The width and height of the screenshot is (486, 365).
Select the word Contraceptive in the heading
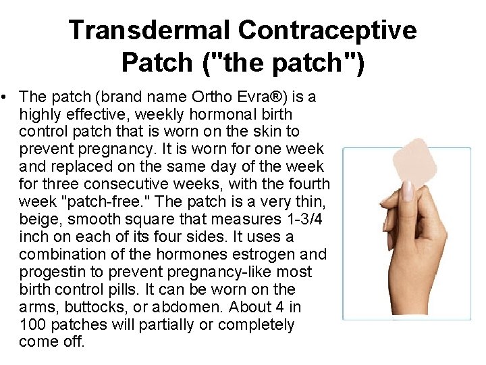coord(327,30)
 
